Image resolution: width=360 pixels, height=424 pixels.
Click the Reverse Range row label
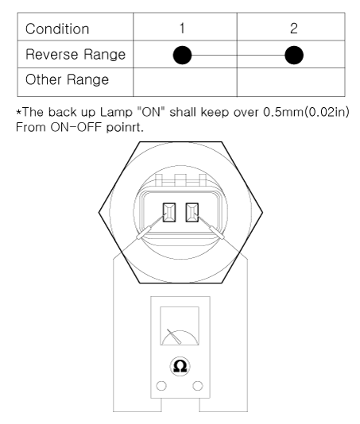point(75,54)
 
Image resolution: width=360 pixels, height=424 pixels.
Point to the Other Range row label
point(67,79)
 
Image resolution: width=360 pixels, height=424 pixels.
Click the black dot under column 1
point(182,55)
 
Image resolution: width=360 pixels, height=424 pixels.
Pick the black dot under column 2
point(294,55)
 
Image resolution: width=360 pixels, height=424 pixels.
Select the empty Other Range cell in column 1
point(185,82)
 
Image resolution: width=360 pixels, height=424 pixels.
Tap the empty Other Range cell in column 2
point(291,82)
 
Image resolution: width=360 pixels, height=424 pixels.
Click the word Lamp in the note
point(116,112)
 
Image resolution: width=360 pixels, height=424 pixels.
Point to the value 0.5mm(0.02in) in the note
point(306,112)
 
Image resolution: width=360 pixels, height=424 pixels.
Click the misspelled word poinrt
point(125,127)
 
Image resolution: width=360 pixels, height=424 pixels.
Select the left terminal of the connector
point(169,213)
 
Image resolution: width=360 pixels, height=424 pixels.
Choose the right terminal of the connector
point(192,213)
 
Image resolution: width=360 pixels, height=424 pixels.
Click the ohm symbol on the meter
point(180,366)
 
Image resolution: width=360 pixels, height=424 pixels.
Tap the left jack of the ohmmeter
point(161,386)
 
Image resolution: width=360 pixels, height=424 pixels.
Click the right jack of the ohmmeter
point(198,386)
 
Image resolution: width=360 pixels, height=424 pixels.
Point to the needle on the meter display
point(174,337)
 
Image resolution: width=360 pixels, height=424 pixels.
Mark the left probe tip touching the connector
point(164,215)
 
